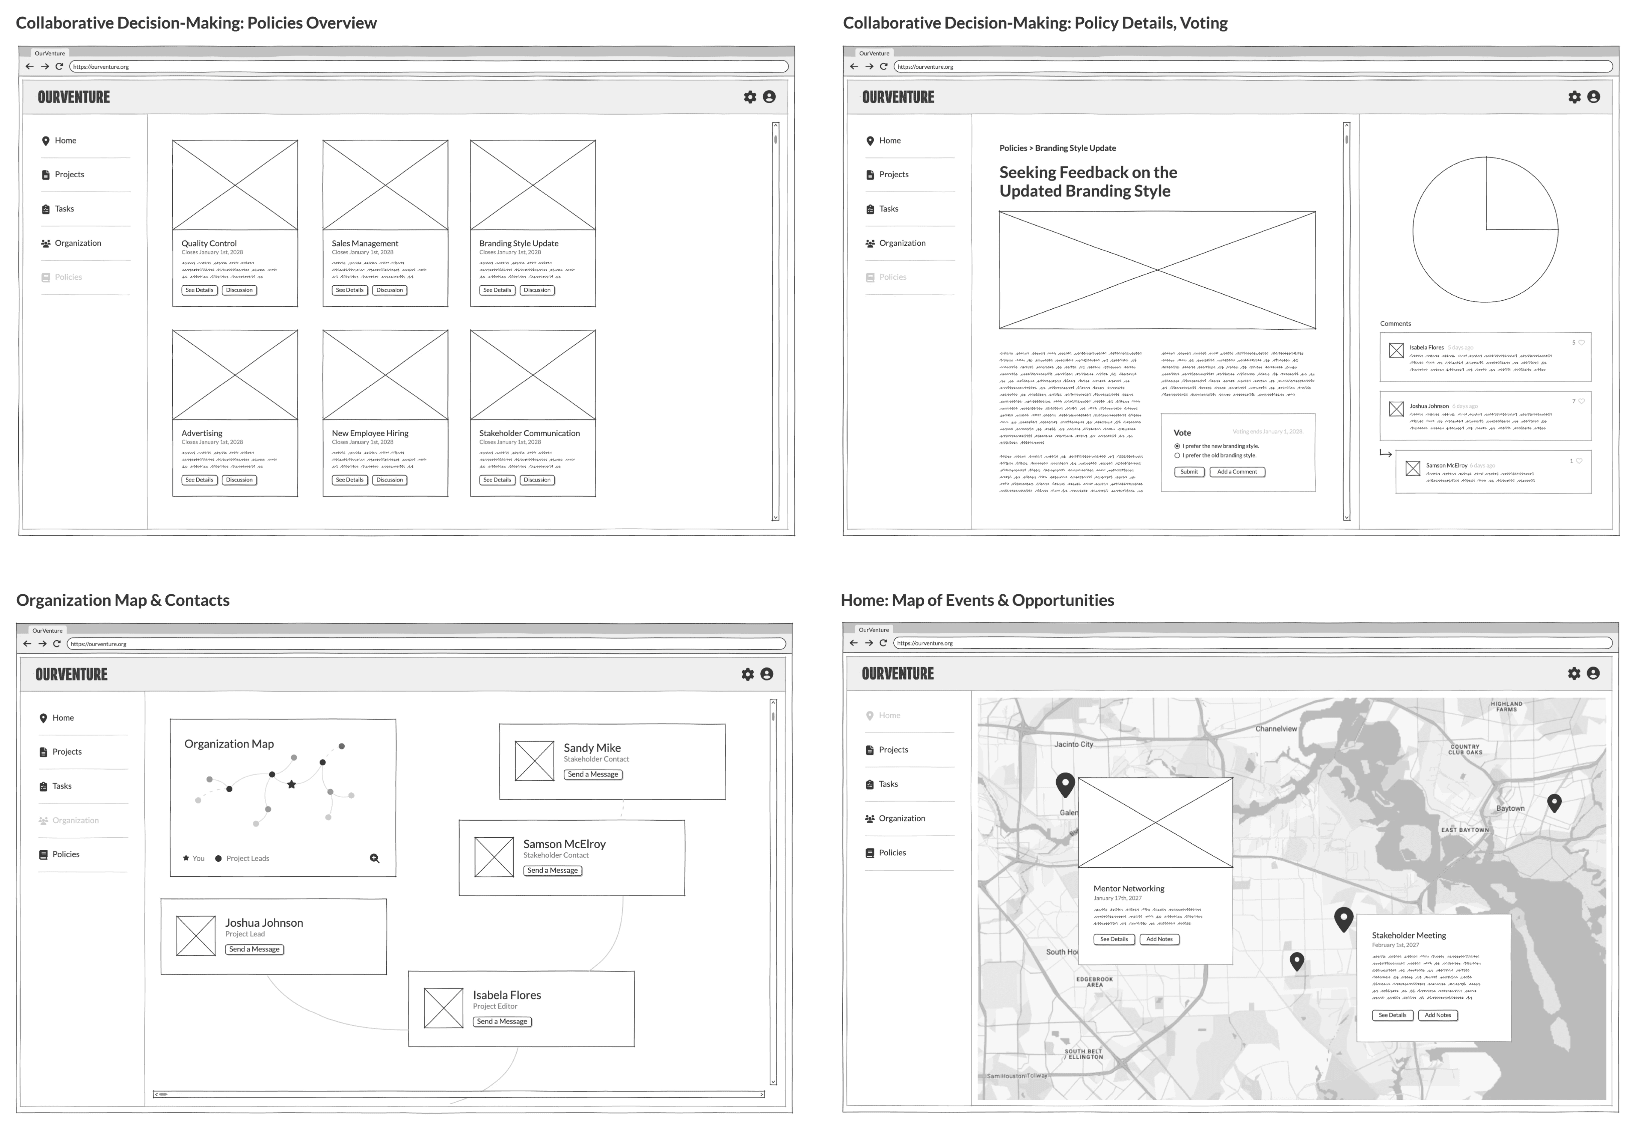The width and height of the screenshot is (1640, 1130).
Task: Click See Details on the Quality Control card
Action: click(199, 290)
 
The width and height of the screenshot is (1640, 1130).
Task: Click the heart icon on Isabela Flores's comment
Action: click(1581, 343)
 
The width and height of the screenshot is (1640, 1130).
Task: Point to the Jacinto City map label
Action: click(1073, 744)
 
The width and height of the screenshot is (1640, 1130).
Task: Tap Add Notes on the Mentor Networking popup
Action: click(1159, 939)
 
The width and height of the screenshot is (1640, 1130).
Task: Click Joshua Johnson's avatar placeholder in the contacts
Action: click(196, 936)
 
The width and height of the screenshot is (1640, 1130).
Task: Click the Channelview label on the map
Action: click(1276, 729)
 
